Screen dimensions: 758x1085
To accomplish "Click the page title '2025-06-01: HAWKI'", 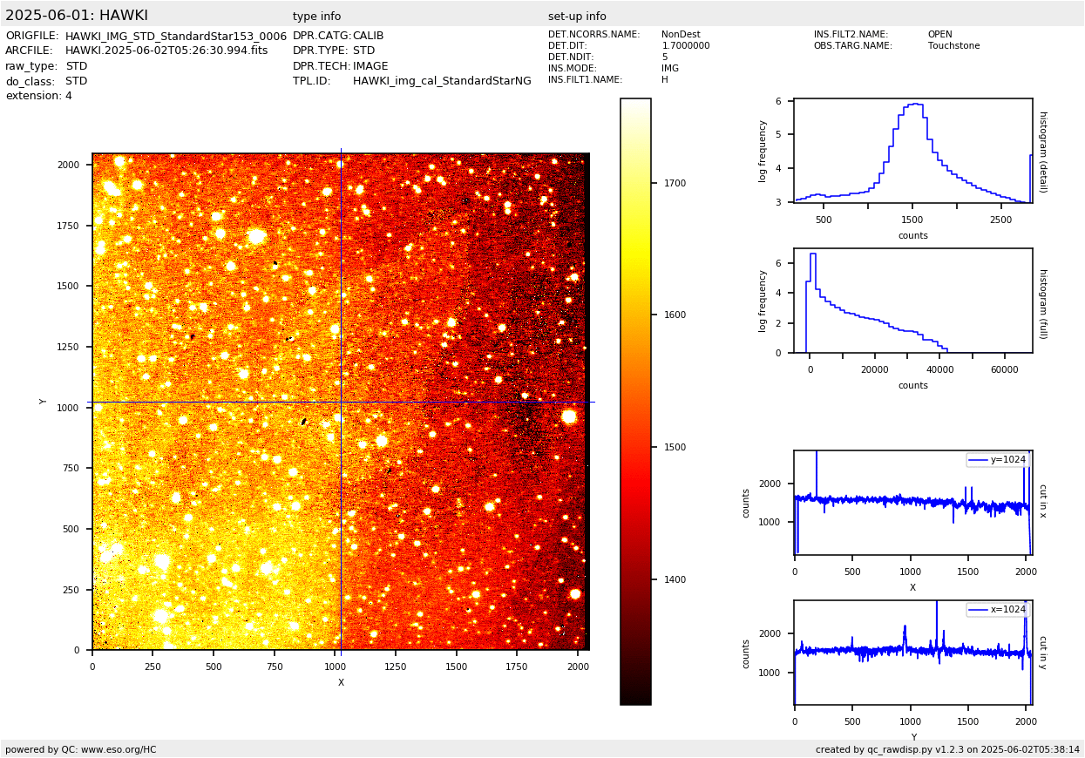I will [77, 16].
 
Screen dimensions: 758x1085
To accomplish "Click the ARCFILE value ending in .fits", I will [166, 51].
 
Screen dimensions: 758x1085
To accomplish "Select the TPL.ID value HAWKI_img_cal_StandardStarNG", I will [442, 81].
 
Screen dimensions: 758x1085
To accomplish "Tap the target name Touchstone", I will [953, 46].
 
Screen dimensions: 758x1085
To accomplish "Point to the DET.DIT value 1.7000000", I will [686, 46].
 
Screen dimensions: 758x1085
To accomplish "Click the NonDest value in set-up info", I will [681, 35].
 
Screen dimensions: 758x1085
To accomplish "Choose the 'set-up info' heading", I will [577, 17].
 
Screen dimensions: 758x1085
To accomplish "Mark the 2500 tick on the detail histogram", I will [1000, 220].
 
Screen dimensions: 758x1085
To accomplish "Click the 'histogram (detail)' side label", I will [1042, 151].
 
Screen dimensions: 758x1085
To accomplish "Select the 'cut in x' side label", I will [1042, 501].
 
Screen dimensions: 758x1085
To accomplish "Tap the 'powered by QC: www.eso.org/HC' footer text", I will [81, 749].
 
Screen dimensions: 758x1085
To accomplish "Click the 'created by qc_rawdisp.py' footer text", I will [947, 749].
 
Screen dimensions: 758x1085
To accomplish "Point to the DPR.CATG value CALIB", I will [368, 36].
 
